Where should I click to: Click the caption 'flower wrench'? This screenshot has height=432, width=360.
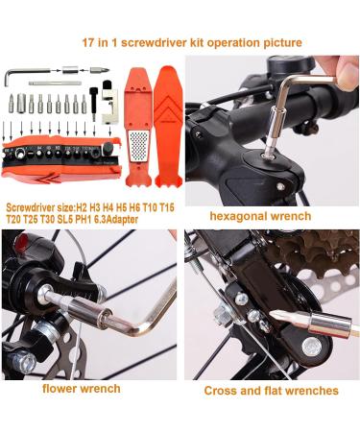click(x=81, y=388)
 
